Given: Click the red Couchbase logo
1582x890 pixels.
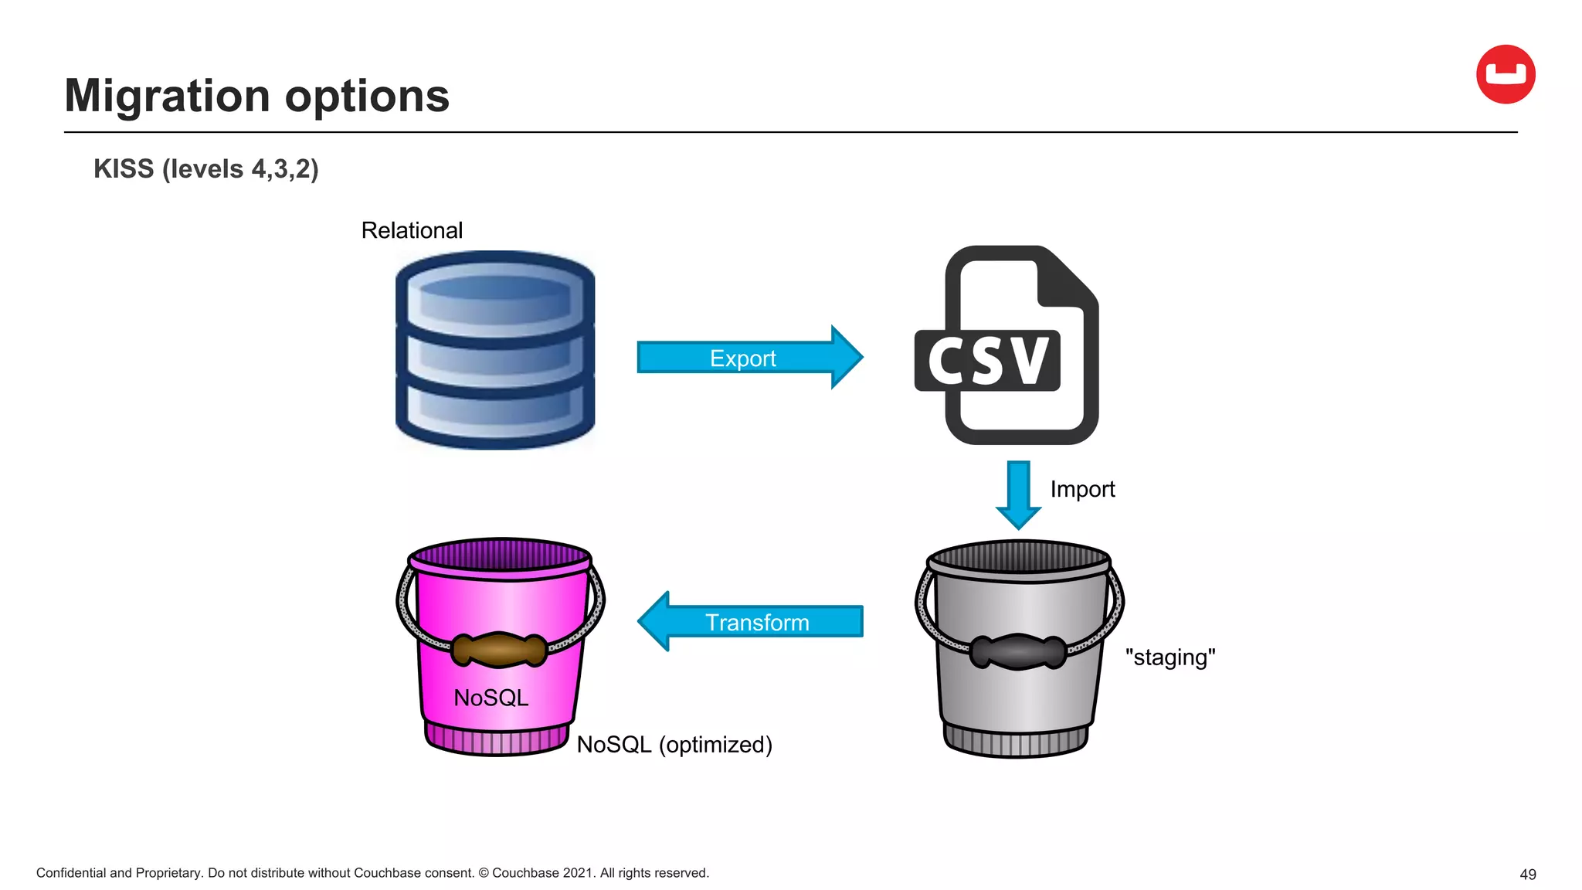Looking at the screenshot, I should click(1505, 74).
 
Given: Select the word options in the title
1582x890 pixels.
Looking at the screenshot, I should click(367, 97).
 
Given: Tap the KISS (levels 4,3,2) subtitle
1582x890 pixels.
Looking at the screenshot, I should click(205, 168).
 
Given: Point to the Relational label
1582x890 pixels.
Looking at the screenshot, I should click(412, 230).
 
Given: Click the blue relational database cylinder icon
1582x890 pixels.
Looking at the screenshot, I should click(495, 349).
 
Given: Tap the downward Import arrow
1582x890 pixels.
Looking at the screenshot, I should click(1018, 494).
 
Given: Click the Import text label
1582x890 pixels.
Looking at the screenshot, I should click(1082, 489).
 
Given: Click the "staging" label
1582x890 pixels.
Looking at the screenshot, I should click(1170, 657).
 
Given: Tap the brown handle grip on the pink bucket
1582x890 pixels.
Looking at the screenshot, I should click(499, 649).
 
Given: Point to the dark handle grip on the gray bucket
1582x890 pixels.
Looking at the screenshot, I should click(1018, 651).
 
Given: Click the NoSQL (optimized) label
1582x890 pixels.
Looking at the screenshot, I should click(674, 745).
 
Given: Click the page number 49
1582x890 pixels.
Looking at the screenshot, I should click(1527, 875).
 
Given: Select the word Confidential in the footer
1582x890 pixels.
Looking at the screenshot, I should click(71, 873).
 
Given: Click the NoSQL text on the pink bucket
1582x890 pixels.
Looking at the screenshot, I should click(491, 698).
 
